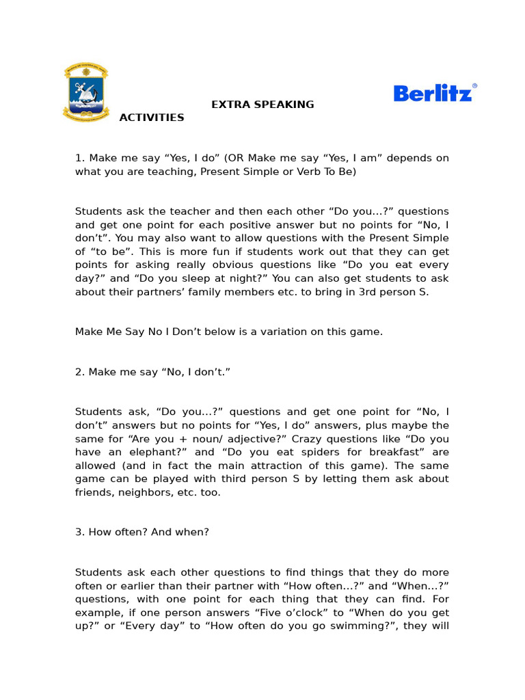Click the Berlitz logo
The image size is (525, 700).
click(x=433, y=94)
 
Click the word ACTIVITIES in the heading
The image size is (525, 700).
click(x=152, y=118)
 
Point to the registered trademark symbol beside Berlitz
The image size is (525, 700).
click(x=474, y=86)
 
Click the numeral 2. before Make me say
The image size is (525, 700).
click(x=79, y=372)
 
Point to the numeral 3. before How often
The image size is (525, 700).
click(x=79, y=532)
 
